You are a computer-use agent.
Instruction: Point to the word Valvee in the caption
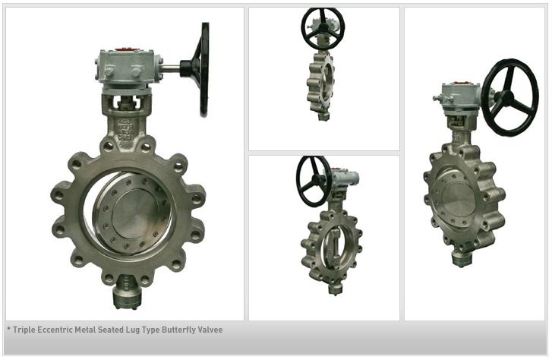pyautogui.click(x=210, y=330)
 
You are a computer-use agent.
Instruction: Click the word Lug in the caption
pyautogui.click(x=133, y=330)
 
